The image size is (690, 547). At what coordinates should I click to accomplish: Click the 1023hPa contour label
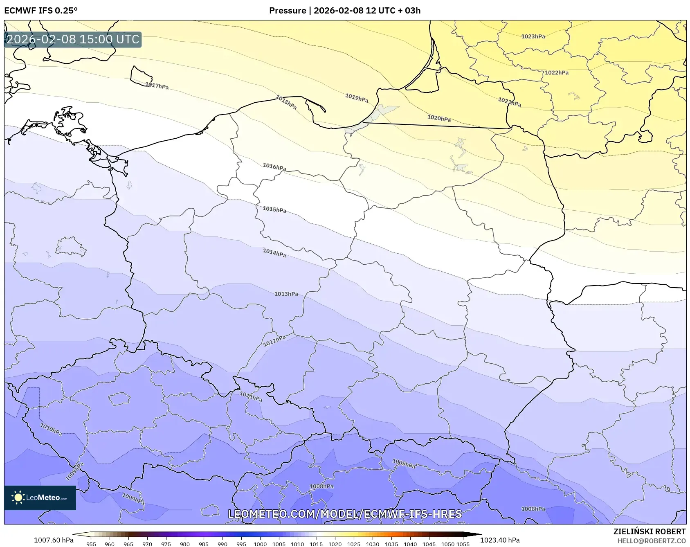[x=533, y=36]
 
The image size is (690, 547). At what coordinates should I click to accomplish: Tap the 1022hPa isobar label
[x=557, y=72]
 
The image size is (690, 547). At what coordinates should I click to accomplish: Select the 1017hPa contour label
[x=157, y=86]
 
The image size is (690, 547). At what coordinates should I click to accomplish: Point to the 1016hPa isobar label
[x=274, y=167]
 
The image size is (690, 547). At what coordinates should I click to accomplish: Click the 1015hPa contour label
[x=274, y=209]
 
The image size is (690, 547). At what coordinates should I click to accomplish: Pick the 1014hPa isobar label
[x=274, y=253]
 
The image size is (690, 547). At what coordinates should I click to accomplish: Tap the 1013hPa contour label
[x=286, y=294]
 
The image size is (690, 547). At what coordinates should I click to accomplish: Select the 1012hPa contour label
[x=274, y=340]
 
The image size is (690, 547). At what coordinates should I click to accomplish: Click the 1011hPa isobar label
[x=251, y=396]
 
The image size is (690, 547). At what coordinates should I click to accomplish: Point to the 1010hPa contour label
[x=51, y=429]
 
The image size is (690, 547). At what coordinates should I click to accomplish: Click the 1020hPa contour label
[x=439, y=118]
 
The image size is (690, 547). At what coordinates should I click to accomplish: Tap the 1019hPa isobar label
[x=357, y=98]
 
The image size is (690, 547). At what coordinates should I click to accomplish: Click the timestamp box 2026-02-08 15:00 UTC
[x=73, y=39]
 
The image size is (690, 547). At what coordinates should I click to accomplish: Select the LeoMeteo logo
[x=40, y=497]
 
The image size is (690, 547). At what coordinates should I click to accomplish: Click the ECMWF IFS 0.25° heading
[x=41, y=11]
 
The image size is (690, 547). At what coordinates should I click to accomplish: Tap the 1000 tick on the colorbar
[x=260, y=544]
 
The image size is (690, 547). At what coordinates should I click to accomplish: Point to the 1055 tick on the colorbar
[x=463, y=544]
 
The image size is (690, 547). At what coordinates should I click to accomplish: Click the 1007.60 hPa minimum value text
[x=54, y=540]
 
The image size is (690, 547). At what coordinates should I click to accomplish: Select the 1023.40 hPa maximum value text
[x=500, y=540]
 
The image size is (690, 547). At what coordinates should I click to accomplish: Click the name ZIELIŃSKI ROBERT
[x=650, y=531]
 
